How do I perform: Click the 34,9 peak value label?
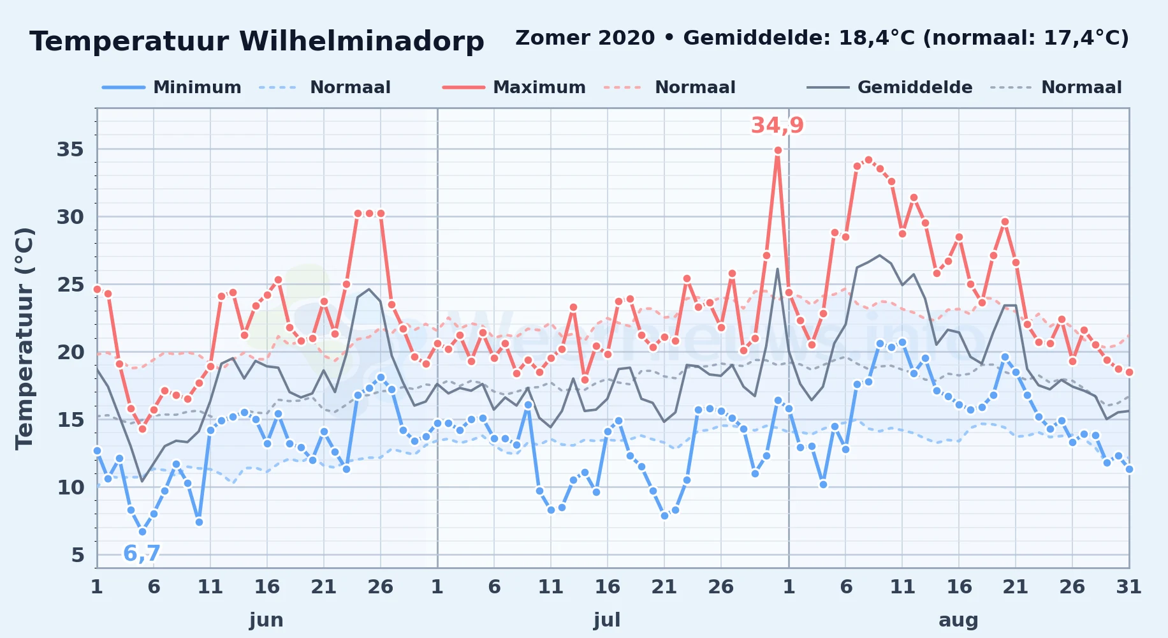[777, 125]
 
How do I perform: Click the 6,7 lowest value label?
[142, 553]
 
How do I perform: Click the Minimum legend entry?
[172, 87]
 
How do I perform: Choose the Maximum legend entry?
[514, 87]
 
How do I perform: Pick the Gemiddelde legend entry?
[890, 87]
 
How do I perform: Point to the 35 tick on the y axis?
[70, 149]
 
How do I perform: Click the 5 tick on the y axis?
[77, 555]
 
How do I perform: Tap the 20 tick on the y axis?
[70, 352]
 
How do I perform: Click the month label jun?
[266, 620]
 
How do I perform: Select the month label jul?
[607, 620]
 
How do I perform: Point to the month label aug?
[958, 621]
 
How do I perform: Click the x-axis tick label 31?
[1128, 587]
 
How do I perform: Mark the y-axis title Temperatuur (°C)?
[24, 338]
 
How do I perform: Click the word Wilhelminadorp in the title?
[361, 41]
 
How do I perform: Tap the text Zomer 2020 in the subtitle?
[585, 38]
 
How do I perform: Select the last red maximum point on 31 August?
[1129, 372]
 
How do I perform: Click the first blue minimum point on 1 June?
[97, 450]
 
